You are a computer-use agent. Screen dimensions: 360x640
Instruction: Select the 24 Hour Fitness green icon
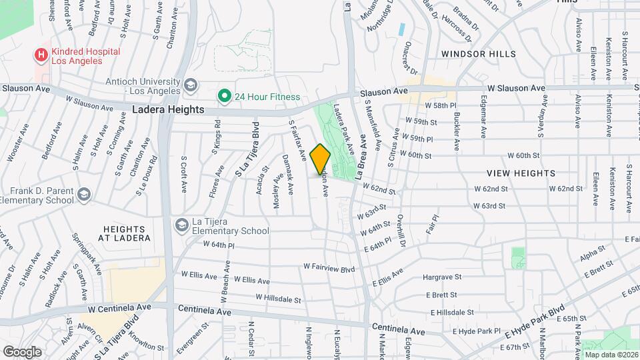point(225,97)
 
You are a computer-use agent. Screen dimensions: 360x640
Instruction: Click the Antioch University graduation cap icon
point(191,85)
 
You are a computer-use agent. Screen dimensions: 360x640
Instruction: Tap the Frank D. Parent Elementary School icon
point(84,195)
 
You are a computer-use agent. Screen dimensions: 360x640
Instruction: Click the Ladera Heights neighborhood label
point(168,110)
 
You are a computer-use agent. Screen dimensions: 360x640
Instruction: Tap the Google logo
point(22,351)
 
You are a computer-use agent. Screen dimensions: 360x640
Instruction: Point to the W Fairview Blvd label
point(329,267)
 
